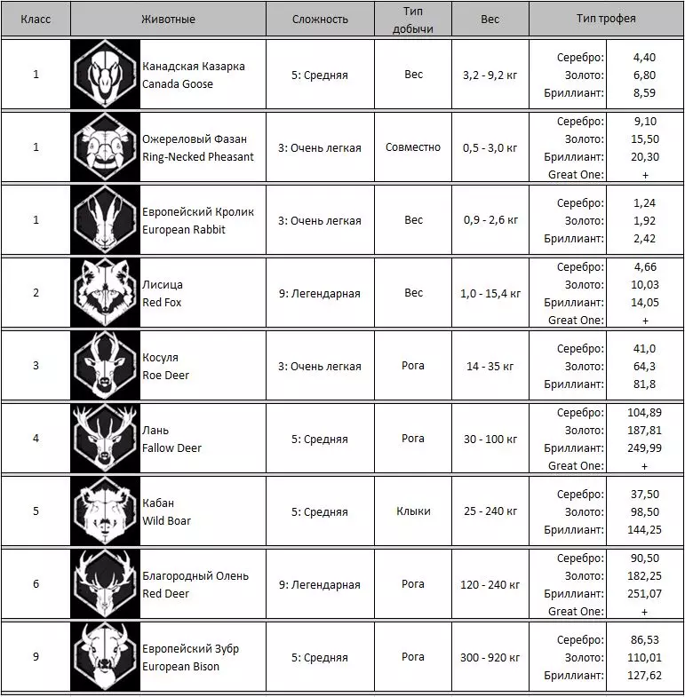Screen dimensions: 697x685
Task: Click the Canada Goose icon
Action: [105, 75]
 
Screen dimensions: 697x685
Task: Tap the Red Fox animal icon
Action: [105, 294]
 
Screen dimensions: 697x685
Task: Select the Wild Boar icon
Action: [105, 512]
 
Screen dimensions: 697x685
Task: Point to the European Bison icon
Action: [105, 658]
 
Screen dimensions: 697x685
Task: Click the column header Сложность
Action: [320, 19]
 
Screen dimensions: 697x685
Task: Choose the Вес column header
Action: [490, 19]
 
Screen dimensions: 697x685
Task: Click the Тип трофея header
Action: [606, 19]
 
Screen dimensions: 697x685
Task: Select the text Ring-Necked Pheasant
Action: [198, 157]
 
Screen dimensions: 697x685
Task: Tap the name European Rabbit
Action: [185, 230]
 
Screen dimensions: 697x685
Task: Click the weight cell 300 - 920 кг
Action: [490, 658]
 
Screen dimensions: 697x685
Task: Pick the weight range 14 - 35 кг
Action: [490, 367]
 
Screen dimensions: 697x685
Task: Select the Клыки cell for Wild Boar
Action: [413, 512]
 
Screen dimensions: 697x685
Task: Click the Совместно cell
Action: [413, 147]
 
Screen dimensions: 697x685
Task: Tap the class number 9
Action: [36, 658]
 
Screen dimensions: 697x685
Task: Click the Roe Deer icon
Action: [105, 367]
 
